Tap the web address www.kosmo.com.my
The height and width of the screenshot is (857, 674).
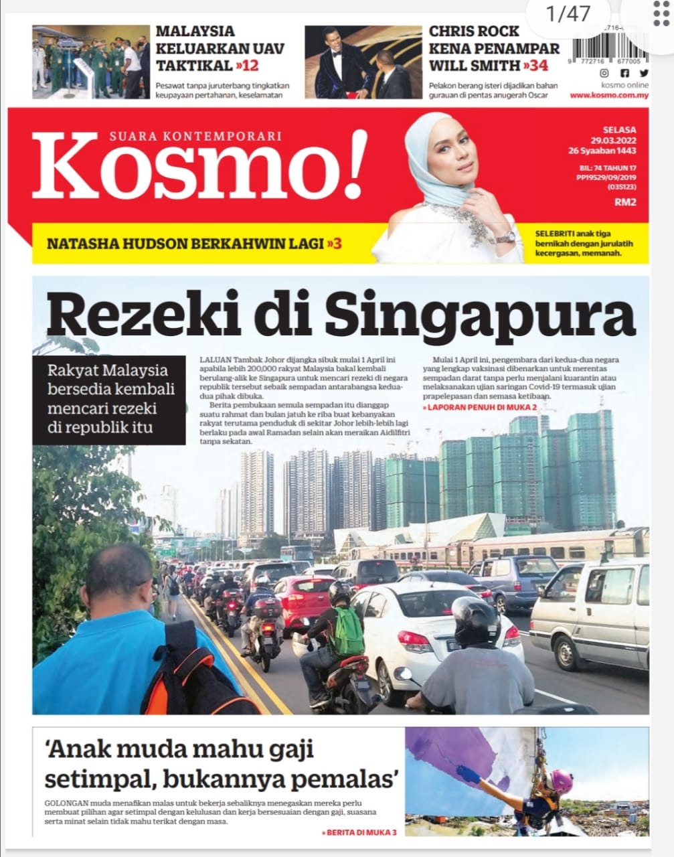pos(609,96)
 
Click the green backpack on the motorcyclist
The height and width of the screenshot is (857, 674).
pos(346,631)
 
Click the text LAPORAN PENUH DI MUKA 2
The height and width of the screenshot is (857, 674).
pos(480,407)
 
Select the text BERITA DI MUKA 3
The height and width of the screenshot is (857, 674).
pos(359,832)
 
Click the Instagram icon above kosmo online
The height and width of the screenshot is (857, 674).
pos(604,74)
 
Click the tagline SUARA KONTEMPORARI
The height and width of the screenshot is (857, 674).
pos(195,136)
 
